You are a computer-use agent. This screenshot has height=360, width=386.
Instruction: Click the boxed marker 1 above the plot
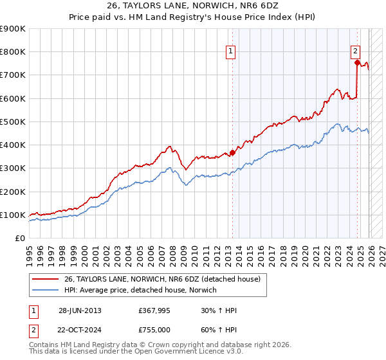[x=230, y=54]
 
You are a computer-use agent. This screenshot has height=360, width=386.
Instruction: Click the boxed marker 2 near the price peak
[x=355, y=54]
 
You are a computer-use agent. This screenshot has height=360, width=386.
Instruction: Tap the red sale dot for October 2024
[x=357, y=62]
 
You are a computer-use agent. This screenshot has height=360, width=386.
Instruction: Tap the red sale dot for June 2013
[x=232, y=152]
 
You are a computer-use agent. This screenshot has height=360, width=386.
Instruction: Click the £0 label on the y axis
[x=19, y=238]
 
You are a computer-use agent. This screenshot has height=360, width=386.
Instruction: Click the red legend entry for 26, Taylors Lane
[x=161, y=279]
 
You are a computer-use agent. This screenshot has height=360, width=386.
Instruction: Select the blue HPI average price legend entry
[x=140, y=291]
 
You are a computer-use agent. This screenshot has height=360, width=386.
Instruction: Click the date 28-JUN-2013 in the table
[x=80, y=310]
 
